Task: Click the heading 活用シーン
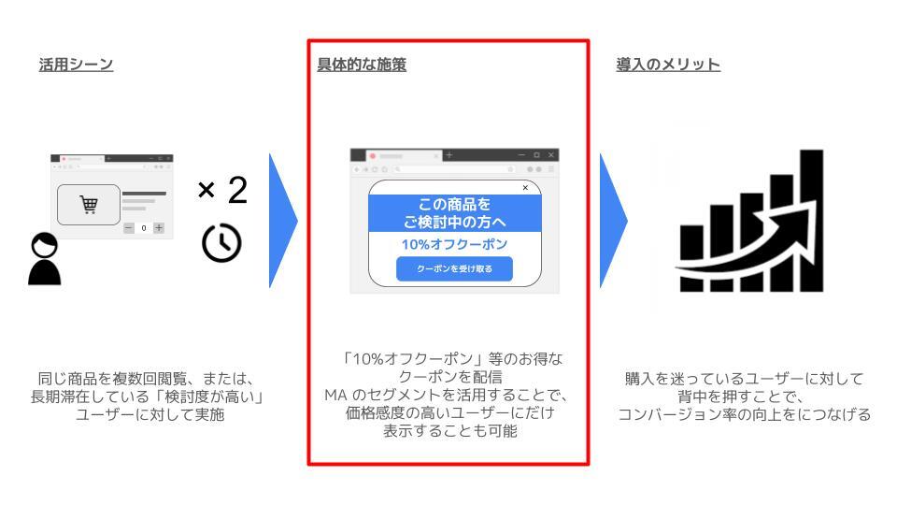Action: click(76, 65)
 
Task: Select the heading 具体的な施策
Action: click(362, 65)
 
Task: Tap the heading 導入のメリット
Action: click(667, 65)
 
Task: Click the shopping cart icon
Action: click(89, 205)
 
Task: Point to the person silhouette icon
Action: click(45, 259)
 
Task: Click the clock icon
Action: click(221, 243)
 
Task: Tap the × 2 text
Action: click(222, 190)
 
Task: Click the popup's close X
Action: click(525, 188)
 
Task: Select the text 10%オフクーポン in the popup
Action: click(454, 244)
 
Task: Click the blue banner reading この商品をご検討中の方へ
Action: click(455, 213)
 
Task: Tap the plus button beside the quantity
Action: click(159, 228)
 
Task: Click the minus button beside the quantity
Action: click(129, 228)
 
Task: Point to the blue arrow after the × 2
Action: click(283, 221)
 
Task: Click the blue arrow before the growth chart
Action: click(613, 221)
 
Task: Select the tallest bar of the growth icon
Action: click(811, 221)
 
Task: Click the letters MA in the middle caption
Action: click(335, 395)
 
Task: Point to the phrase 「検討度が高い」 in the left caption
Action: click(209, 397)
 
